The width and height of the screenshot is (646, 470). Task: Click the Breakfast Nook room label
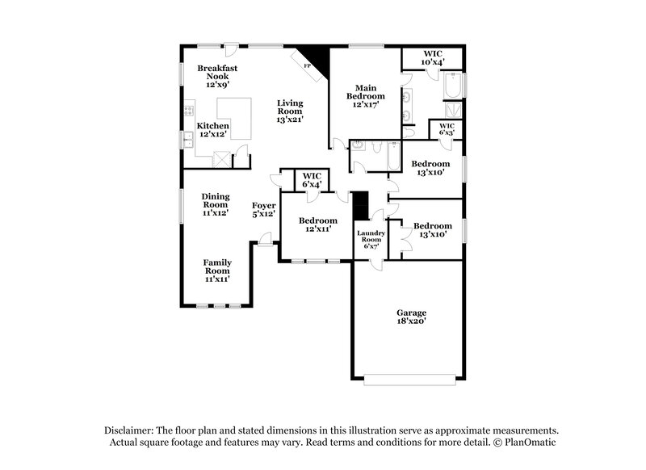(213, 75)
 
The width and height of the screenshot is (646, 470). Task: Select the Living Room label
(290, 110)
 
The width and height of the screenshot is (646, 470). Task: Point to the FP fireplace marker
(307, 65)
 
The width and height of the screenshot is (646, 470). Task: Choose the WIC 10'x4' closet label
(433, 58)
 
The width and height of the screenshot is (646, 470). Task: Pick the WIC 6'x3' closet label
(447, 130)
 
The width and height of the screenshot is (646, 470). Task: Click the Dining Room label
(216, 205)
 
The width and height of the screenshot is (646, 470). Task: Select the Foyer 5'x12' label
(264, 210)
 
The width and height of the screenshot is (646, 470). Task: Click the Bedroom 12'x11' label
(317, 225)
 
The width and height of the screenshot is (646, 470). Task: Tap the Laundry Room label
(371, 239)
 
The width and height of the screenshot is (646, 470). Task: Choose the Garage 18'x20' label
(410, 317)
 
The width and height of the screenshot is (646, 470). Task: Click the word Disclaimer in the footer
(132, 431)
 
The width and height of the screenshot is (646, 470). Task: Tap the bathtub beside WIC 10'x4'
(451, 86)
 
